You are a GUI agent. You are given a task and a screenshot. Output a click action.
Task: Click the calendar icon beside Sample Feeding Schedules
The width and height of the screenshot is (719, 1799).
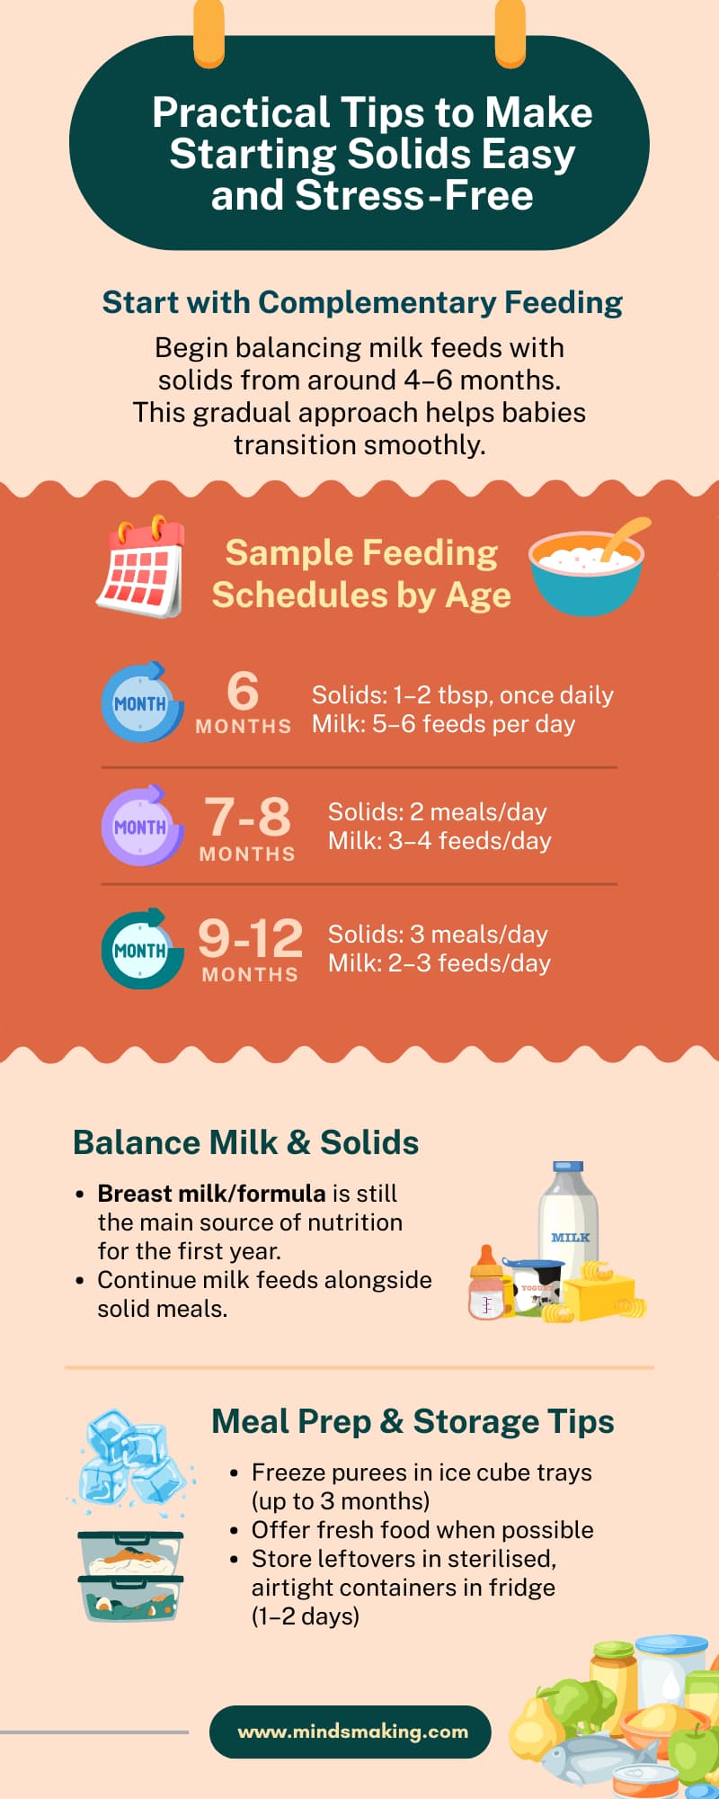click(x=141, y=566)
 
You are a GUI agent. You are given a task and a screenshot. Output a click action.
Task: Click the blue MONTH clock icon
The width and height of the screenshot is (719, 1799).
click(x=142, y=703)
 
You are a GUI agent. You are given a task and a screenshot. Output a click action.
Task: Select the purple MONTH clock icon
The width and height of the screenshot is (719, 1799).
click(x=142, y=826)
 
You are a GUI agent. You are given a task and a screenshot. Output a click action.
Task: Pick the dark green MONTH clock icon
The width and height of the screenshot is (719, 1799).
click(x=142, y=949)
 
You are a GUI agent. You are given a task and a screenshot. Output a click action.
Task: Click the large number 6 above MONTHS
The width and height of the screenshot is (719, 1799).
click(x=243, y=691)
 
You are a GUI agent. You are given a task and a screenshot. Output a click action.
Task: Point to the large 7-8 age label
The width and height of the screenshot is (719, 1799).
click(x=247, y=816)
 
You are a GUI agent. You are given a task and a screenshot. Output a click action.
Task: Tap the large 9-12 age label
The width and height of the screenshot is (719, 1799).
click(x=251, y=938)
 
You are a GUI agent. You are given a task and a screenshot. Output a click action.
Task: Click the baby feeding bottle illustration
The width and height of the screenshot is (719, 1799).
click(x=487, y=1284)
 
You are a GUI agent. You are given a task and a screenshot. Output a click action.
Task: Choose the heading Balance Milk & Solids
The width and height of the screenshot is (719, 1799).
click(x=246, y=1142)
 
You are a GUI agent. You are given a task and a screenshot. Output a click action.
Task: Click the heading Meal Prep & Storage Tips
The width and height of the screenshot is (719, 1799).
click(x=413, y=1421)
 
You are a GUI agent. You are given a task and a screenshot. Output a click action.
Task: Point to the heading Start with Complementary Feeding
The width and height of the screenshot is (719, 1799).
click(x=362, y=302)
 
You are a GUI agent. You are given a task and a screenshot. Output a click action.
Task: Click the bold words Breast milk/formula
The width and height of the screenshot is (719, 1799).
click(x=212, y=1194)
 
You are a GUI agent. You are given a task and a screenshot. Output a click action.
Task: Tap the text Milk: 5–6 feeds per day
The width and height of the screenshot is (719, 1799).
click(x=443, y=724)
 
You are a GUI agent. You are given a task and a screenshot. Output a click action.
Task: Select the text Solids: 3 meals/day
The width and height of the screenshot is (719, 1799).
click(x=438, y=935)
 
